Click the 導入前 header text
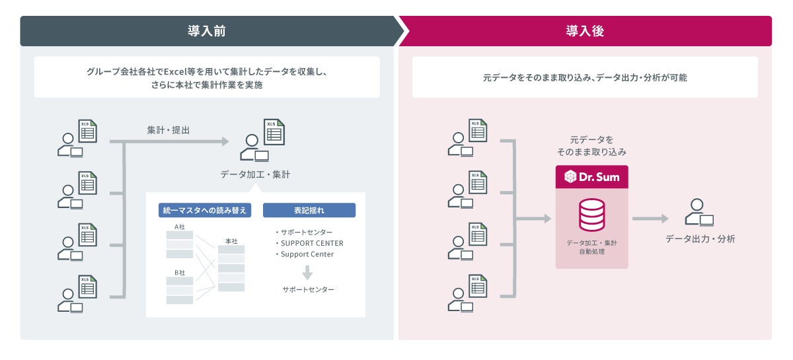[206, 31]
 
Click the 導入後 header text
[584, 31]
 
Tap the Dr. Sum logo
[591, 177]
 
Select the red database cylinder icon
[591, 215]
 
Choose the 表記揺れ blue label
[309, 210]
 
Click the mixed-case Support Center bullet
[307, 254]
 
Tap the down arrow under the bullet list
[307, 271]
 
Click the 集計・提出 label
[168, 130]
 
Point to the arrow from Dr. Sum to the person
[650, 219]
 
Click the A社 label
[180, 227]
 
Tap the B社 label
[180, 272]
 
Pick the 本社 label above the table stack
[231, 241]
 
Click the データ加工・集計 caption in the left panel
[255, 175]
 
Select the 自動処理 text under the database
[591, 252]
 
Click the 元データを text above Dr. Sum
[591, 140]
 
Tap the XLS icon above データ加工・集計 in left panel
[274, 132]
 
